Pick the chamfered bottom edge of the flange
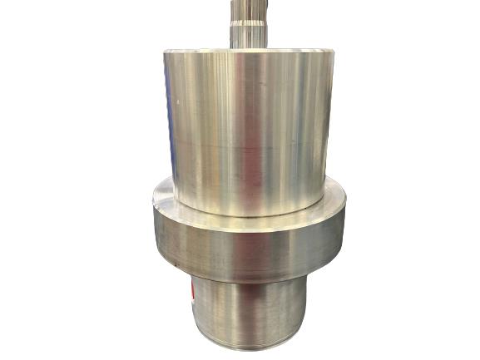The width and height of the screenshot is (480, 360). click(250, 274)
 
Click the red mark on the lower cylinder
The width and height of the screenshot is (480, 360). click(193, 295)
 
